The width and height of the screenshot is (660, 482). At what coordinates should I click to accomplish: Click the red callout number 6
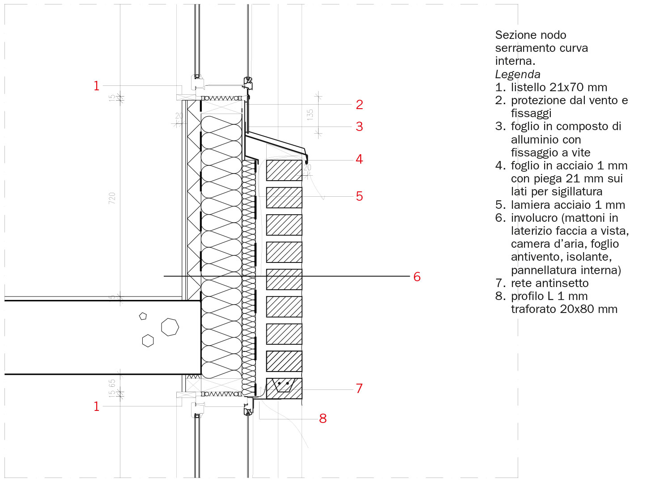pyautogui.click(x=417, y=277)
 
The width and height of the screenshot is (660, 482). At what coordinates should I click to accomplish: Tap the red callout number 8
pyautogui.click(x=323, y=419)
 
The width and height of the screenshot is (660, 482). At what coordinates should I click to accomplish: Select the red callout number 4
pyautogui.click(x=359, y=159)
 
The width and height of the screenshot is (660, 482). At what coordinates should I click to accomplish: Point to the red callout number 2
pyautogui.click(x=359, y=105)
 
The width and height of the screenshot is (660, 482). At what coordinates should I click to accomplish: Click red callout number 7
pyautogui.click(x=359, y=389)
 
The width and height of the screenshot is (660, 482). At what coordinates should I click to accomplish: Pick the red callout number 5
pyautogui.click(x=359, y=196)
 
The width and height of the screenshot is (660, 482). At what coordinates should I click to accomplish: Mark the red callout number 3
pyautogui.click(x=359, y=127)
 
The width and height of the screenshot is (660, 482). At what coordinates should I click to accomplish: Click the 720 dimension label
pyautogui.click(x=112, y=199)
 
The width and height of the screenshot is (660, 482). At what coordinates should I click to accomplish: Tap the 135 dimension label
pyautogui.click(x=310, y=114)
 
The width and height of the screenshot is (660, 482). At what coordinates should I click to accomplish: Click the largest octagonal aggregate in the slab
pyautogui.click(x=170, y=327)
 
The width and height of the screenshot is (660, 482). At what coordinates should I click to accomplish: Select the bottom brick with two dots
pyautogui.click(x=284, y=389)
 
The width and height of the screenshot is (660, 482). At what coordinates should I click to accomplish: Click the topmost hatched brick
pyautogui.click(x=284, y=170)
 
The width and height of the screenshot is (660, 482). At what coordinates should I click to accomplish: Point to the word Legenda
pyautogui.click(x=518, y=75)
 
